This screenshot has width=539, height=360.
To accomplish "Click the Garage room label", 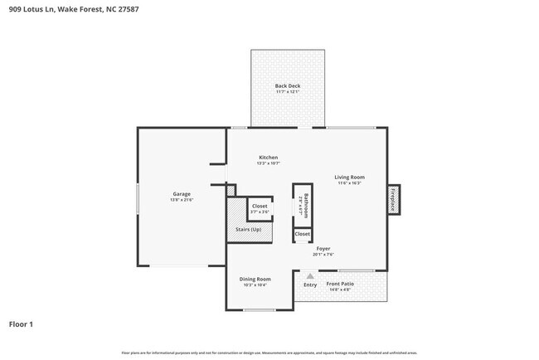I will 181,193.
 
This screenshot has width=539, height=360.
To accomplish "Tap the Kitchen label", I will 268,158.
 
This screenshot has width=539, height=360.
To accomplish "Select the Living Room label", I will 349,177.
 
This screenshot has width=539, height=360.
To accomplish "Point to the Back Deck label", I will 288,85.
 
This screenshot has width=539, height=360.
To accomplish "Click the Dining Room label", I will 255,279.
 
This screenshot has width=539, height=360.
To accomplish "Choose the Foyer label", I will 323,248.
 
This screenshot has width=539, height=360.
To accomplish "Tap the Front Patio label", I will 340,284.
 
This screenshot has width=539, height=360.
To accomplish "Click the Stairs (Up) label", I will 249,229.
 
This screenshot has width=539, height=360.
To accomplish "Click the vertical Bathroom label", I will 305,205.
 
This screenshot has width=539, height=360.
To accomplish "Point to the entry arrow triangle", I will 310,276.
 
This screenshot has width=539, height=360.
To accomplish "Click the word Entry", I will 310,285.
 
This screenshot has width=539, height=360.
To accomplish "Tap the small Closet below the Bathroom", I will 302,234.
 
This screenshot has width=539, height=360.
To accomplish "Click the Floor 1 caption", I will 21,324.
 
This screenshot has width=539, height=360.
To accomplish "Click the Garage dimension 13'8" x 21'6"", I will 181,200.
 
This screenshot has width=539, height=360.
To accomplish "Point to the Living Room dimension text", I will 349,183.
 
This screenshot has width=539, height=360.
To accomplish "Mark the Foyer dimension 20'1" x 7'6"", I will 323,255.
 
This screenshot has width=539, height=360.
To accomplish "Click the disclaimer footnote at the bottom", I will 269,353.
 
